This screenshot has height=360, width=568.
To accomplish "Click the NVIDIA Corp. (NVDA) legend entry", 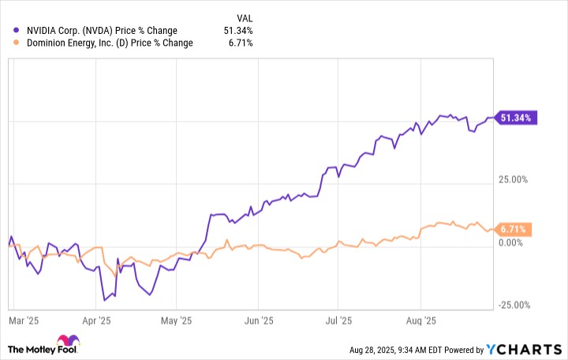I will click(x=100, y=31).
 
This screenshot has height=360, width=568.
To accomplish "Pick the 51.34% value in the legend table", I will click(x=237, y=31).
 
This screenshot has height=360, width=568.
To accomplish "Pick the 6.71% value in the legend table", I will click(x=240, y=43).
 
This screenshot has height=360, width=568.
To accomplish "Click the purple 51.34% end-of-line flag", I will click(x=515, y=118).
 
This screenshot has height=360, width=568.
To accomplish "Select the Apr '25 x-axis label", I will click(x=95, y=321).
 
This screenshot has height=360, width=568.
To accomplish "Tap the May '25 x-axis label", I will click(x=176, y=321).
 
